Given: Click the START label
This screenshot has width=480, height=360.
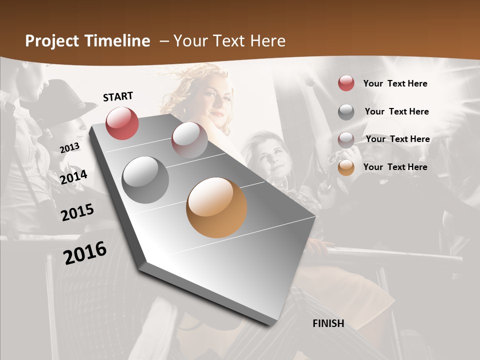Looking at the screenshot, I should pos(118,96).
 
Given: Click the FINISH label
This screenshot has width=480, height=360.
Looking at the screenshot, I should pos(328,323).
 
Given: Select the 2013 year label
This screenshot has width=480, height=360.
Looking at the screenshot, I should pos(69,148).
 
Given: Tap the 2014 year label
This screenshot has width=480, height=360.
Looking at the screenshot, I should pos(73,177).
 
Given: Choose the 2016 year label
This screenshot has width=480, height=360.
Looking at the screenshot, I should pos(85,252).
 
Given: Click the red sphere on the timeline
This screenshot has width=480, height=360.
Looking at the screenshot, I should pos(122,123).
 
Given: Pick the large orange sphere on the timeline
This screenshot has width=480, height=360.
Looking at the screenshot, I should pos(216,207).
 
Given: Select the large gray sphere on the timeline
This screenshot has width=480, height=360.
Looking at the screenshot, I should pos(145,179).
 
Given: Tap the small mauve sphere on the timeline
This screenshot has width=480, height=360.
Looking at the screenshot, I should pos(189,139).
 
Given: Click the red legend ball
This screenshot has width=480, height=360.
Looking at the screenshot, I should pos(346,83).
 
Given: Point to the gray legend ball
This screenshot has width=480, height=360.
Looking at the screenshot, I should pos(346,111).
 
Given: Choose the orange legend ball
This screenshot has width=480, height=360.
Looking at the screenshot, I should pos(346,167).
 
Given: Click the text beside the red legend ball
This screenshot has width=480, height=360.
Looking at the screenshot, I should pos(395,83).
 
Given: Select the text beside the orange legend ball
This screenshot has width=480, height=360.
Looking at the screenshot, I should pos(395,167).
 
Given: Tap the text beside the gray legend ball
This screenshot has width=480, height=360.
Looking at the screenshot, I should pos(396,111).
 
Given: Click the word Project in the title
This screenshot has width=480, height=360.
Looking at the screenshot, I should pos(53,41).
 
